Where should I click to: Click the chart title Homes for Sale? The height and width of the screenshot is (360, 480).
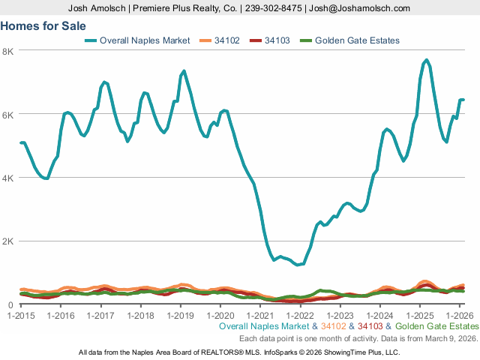click(43, 25)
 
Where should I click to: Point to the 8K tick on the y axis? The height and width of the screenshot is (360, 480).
click(8, 51)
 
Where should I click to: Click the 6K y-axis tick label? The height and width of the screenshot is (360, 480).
click(8, 114)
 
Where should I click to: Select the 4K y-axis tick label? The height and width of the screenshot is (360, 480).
click(8, 178)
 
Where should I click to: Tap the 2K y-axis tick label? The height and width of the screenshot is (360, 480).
click(8, 241)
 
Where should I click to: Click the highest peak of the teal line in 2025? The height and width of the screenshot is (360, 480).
click(426, 60)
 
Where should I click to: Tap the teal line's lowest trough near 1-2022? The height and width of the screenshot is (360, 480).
click(298, 265)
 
